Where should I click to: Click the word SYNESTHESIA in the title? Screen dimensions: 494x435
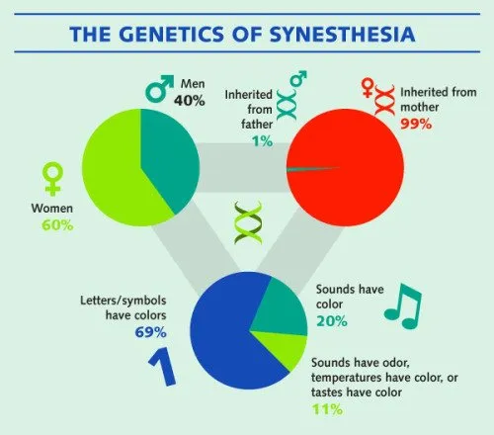pyautogui.click(x=343, y=34)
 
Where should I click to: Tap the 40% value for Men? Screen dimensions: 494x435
pyautogui.click(x=190, y=100)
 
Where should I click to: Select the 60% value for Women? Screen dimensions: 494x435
pyautogui.click(x=57, y=225)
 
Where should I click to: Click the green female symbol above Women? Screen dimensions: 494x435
pyautogui.click(x=52, y=179)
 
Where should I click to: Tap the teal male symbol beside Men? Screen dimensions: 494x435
pyautogui.click(x=159, y=88)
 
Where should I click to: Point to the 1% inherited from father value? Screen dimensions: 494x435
pyautogui.click(x=263, y=141)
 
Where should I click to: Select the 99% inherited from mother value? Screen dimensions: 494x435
pyautogui.click(x=416, y=124)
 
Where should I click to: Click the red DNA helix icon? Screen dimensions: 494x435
pyautogui.click(x=384, y=100)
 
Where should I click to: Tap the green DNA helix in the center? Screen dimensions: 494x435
pyautogui.click(x=248, y=222)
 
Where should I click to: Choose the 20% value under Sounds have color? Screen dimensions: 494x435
pyautogui.click(x=332, y=320)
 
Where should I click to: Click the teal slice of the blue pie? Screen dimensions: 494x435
pyautogui.click(x=280, y=309)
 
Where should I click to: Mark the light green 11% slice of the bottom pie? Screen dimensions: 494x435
pyautogui.click(x=285, y=348)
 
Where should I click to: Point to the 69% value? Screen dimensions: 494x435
pyautogui.click(x=150, y=332)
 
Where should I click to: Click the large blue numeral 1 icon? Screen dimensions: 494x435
pyautogui.click(x=162, y=367)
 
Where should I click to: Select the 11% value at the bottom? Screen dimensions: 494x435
pyautogui.click(x=327, y=409)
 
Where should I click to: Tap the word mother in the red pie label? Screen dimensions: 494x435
pyautogui.click(x=419, y=107)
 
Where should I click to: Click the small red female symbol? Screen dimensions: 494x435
pyautogui.click(x=367, y=88)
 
